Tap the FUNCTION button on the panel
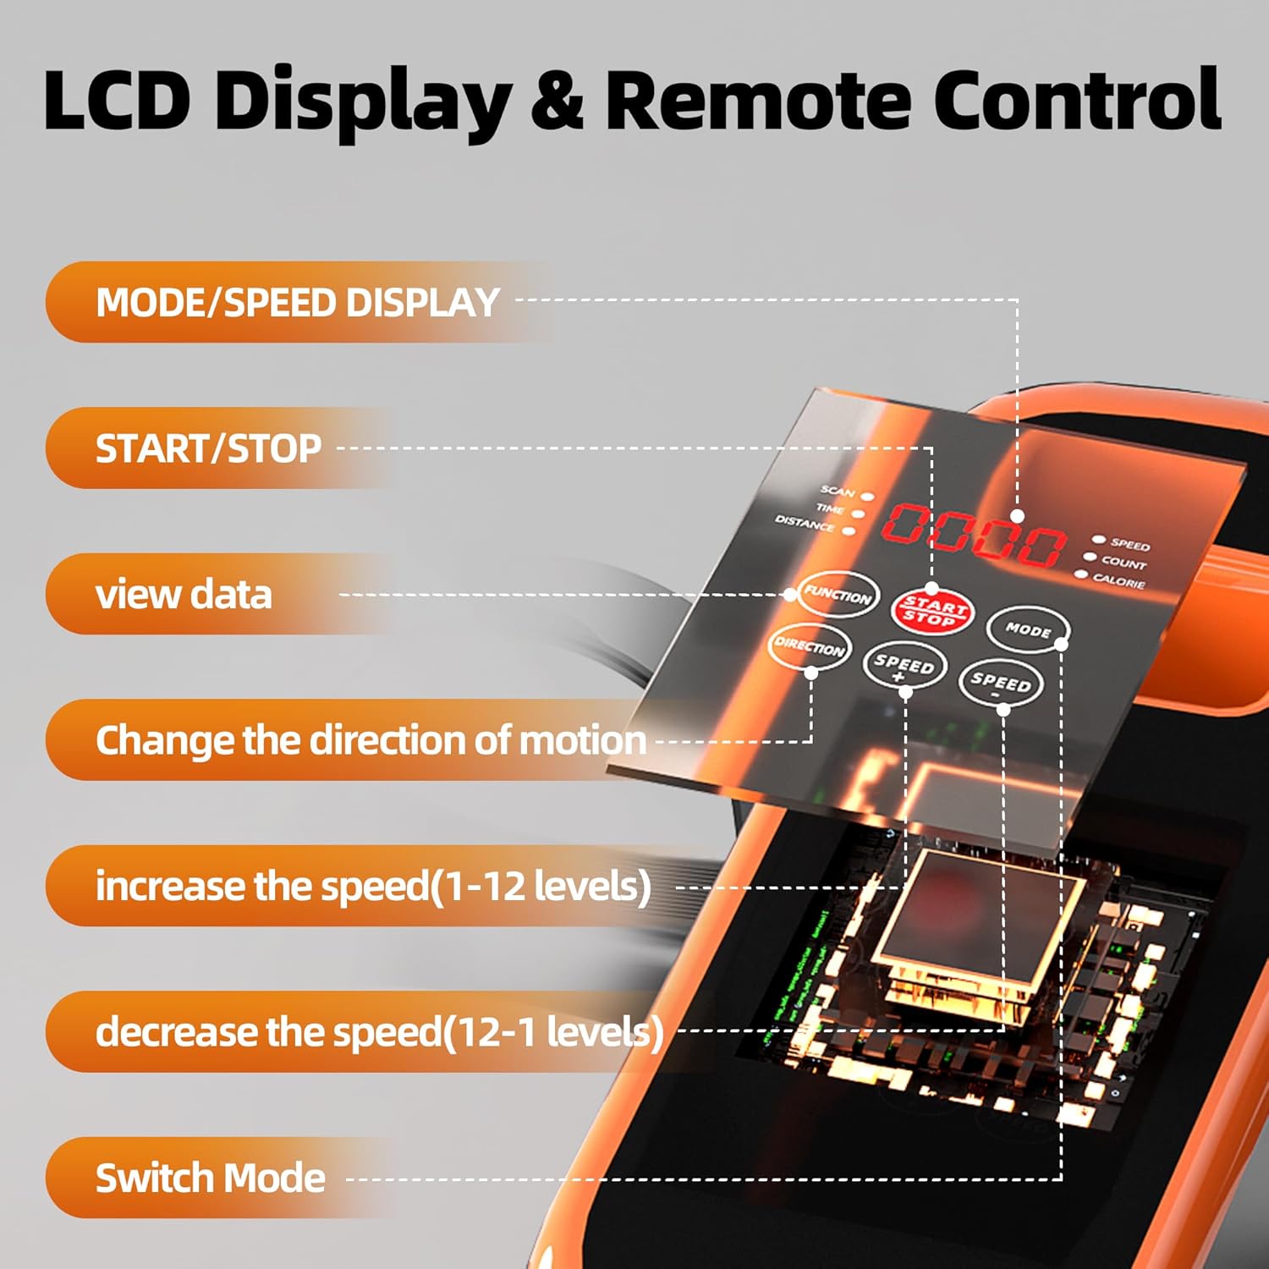point(838,594)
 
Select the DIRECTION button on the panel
point(810,647)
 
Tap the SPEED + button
point(904,665)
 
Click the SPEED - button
point(1000,682)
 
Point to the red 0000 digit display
point(973,535)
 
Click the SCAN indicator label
point(838,491)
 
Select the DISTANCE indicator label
point(805,523)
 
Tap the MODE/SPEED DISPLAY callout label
point(298,302)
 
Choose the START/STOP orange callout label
point(208,448)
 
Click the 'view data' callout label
point(184,594)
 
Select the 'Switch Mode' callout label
point(210,1178)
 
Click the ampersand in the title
point(556,100)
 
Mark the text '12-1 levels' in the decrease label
point(554,1032)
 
